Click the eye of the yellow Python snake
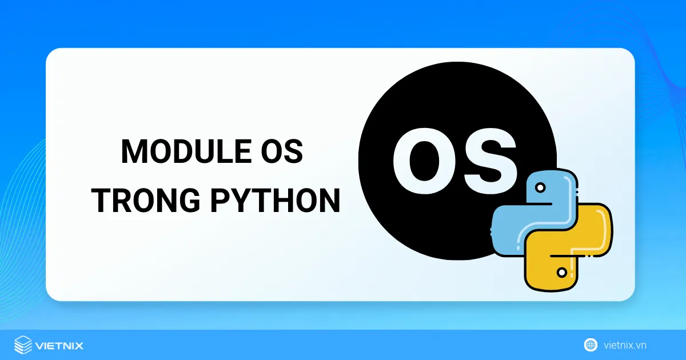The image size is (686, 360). (x=563, y=273)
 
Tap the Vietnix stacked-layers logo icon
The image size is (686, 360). (x=23, y=345)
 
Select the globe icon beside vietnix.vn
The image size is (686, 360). (x=591, y=345)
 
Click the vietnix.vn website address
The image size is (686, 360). (x=625, y=345)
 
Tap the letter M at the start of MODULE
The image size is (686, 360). (x=133, y=151)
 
